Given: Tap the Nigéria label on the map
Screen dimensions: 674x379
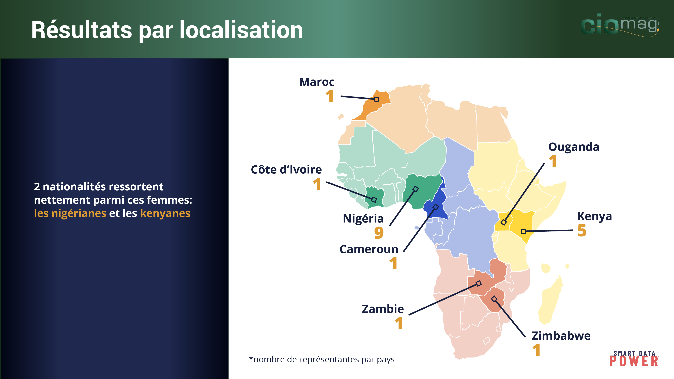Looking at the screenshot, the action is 363,218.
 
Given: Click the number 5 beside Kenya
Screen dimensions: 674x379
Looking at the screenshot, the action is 582,230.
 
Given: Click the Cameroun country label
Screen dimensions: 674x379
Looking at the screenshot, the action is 369,249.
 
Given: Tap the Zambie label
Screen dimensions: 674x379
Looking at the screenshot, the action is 383,309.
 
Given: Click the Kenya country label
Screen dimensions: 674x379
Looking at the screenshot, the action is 594,216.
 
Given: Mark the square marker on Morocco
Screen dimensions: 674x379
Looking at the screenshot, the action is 376,99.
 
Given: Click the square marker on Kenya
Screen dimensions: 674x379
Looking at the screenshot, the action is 523,231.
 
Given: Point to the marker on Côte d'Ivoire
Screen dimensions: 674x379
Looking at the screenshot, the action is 374,200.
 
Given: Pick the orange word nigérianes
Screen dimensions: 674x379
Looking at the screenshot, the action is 70,213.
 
